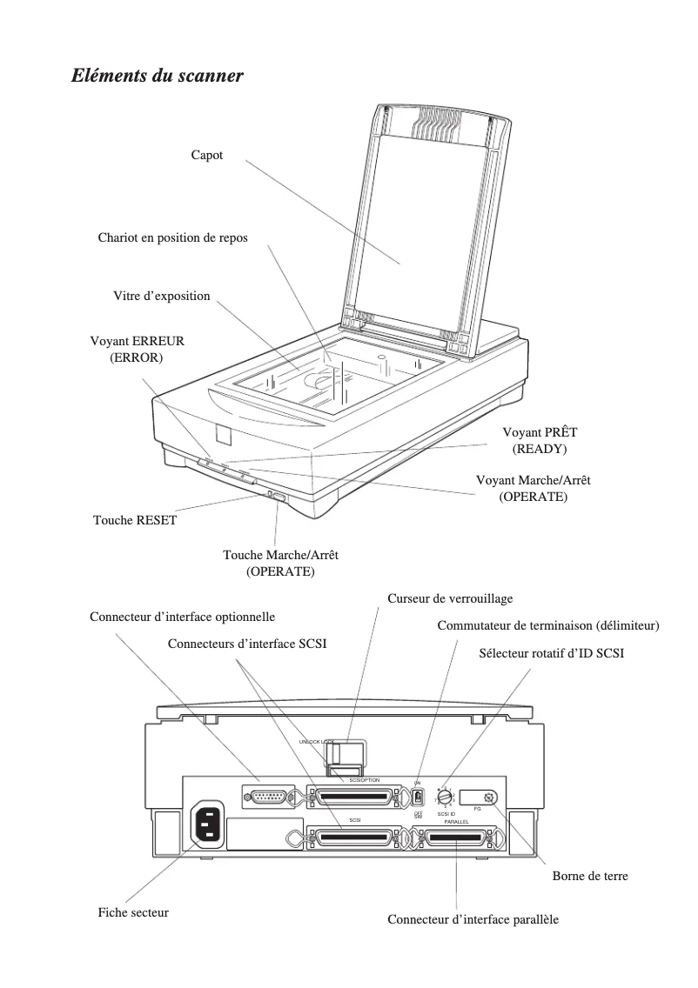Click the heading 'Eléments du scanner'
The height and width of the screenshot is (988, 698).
157,77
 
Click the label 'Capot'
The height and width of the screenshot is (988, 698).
207,155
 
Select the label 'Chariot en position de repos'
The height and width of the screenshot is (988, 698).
172,237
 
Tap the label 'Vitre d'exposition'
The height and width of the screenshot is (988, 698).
162,296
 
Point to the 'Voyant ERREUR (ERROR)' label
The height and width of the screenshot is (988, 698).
138,350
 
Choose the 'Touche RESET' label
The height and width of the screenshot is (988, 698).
135,521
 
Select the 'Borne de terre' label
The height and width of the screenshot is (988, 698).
590,876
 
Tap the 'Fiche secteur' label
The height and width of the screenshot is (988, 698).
133,912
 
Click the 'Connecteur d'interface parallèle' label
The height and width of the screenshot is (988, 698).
473,919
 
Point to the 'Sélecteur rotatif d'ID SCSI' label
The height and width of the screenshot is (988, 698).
552,653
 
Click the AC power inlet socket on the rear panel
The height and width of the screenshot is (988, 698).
208,824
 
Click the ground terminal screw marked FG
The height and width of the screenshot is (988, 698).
489,797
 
